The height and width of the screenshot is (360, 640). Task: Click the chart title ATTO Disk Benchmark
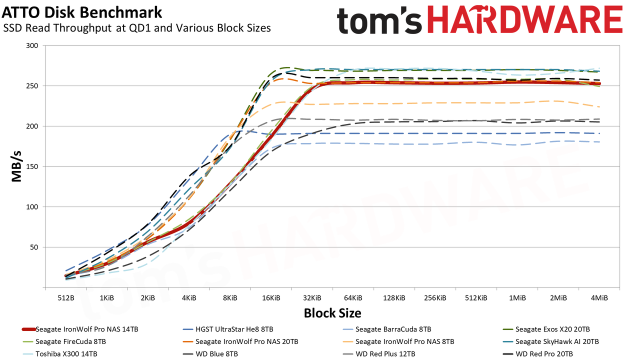[82, 13]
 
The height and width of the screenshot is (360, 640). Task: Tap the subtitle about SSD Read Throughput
[137, 28]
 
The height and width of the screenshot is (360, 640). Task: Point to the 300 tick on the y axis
[32, 45]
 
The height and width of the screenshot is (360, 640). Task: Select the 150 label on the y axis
[32, 166]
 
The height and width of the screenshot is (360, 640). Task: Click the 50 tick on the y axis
[34, 247]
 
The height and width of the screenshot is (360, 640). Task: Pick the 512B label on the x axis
[66, 298]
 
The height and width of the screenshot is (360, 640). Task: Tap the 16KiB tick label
[271, 298]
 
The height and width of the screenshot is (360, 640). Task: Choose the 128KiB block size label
[394, 298]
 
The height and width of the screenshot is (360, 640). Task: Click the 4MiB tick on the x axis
[599, 298]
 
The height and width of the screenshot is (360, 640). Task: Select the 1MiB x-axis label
[517, 298]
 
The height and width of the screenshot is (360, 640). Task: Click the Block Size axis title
[332, 313]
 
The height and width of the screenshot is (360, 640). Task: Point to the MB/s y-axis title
[16, 166]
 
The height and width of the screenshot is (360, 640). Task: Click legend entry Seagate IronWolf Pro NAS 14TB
[80, 329]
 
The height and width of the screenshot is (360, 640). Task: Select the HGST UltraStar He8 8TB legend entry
[227, 329]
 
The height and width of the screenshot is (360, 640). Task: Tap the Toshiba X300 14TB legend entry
[59, 354]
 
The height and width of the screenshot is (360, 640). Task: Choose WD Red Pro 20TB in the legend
[537, 354]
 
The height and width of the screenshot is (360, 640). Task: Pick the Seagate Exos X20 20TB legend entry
[546, 329]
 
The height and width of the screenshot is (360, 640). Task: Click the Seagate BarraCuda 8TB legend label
[387, 329]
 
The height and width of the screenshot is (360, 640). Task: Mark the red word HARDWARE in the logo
[525, 20]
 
